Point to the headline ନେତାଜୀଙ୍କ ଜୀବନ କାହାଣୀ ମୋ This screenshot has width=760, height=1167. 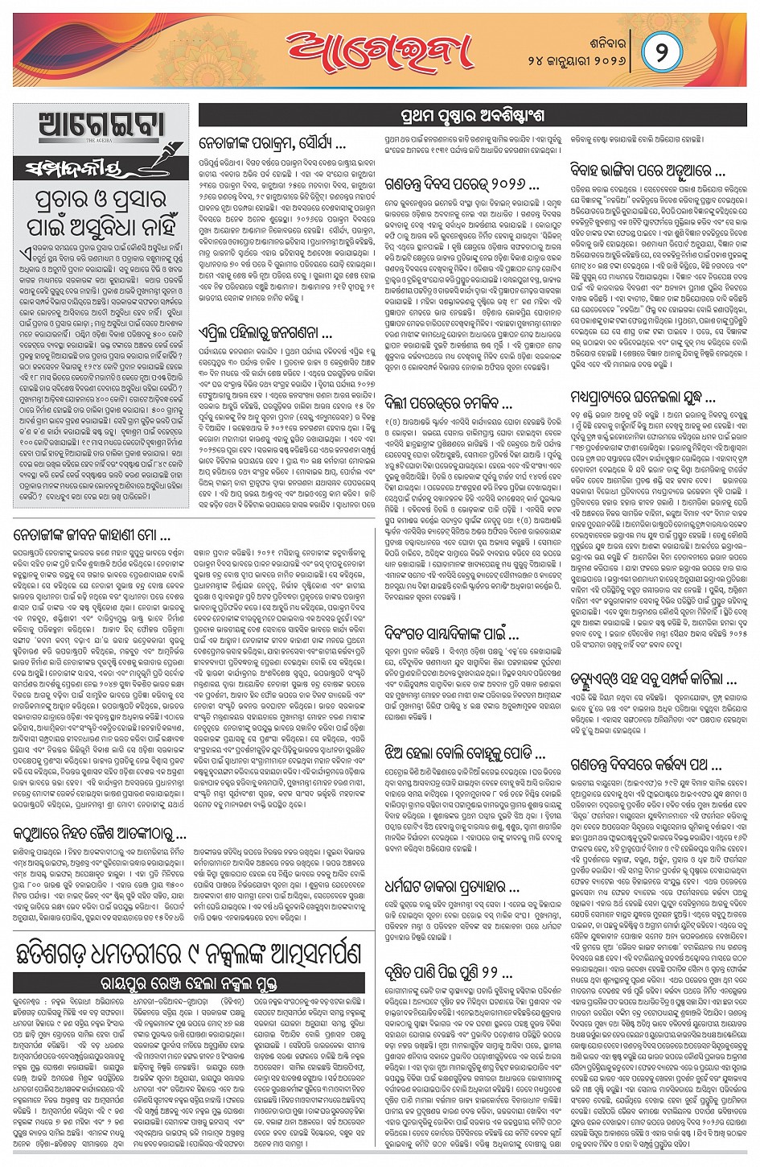click(x=92, y=534)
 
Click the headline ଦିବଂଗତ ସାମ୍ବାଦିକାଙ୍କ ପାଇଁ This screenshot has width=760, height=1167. click(x=451, y=635)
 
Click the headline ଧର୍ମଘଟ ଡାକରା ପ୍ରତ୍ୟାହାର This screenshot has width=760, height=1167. click(x=451, y=888)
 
